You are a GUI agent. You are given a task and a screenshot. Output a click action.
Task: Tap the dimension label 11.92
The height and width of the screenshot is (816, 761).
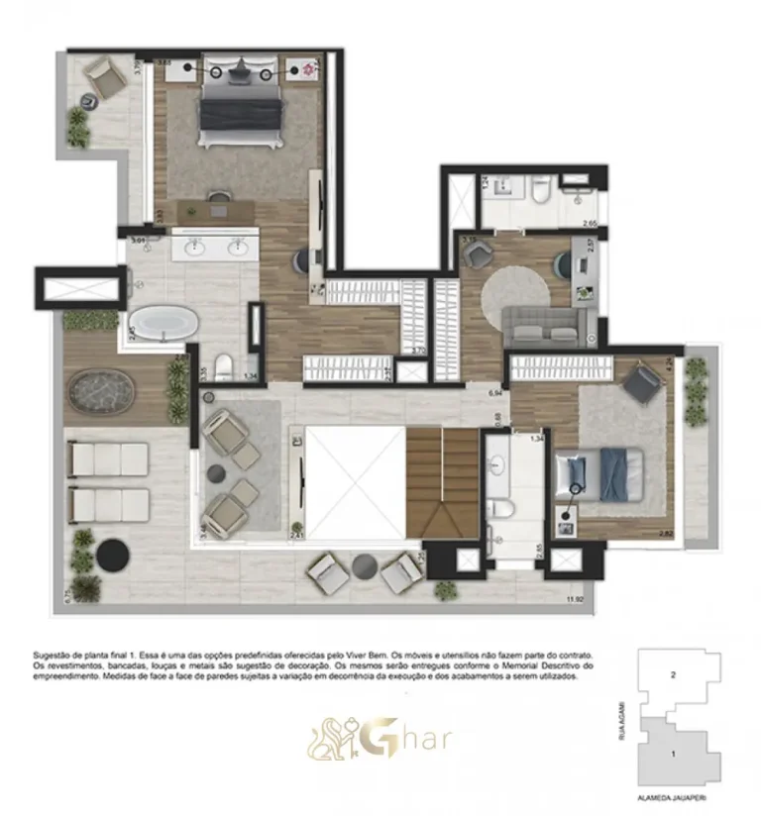(574, 598)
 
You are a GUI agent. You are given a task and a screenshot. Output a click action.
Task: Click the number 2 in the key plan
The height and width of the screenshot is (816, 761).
(674, 676)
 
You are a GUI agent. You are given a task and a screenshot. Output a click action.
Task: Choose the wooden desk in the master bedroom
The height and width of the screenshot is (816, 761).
(217, 209)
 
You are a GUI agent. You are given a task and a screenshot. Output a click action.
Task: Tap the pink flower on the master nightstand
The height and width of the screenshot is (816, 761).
(308, 69)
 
